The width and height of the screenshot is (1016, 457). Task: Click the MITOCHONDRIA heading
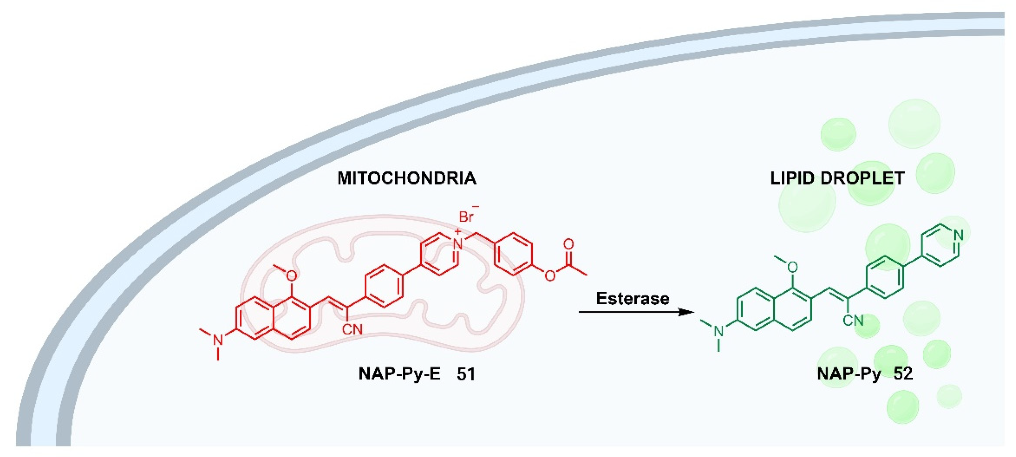407,178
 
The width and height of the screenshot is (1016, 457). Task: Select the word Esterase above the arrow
633,298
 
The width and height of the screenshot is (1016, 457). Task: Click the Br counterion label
466,217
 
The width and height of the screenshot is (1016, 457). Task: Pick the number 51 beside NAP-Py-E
466,374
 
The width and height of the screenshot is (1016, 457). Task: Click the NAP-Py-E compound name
399,374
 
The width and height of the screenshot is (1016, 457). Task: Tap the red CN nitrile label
352,329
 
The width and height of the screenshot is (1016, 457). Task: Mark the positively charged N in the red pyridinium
458,244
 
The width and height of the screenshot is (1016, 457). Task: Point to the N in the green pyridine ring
959,236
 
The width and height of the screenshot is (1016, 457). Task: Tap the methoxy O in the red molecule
291,276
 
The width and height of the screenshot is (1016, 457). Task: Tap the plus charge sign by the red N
457,231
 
